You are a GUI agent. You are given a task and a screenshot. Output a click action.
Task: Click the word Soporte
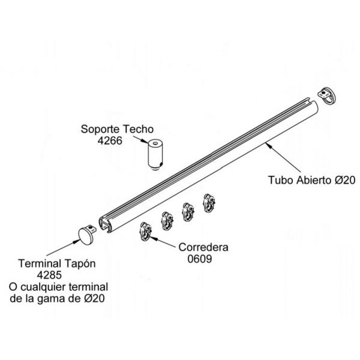(100, 129)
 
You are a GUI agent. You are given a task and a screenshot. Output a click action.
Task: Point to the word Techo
(139, 129)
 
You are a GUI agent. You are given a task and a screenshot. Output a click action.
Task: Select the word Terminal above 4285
(41, 263)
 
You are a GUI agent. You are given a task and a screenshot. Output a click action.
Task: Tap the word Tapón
(82, 263)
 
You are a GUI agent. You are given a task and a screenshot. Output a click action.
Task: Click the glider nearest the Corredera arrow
(147, 230)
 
